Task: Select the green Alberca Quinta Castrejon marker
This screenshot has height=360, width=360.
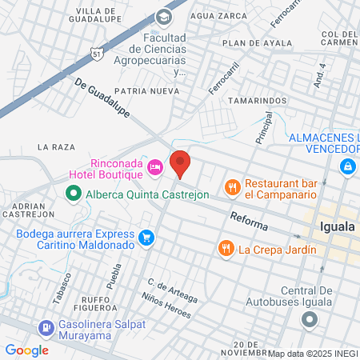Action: (x=73, y=194)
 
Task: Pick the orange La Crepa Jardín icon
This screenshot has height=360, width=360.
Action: (x=227, y=249)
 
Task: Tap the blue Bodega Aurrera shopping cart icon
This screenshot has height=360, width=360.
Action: (x=146, y=238)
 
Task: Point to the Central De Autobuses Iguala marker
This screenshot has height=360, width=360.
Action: (x=310, y=318)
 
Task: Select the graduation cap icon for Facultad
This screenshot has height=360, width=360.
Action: (x=164, y=17)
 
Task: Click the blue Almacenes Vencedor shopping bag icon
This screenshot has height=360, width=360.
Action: (x=348, y=166)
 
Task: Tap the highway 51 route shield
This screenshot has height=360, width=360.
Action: (x=97, y=54)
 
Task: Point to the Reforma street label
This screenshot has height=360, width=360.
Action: (x=248, y=218)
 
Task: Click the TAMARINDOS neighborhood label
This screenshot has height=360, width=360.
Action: (x=258, y=100)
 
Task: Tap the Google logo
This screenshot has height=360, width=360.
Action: (x=27, y=350)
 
